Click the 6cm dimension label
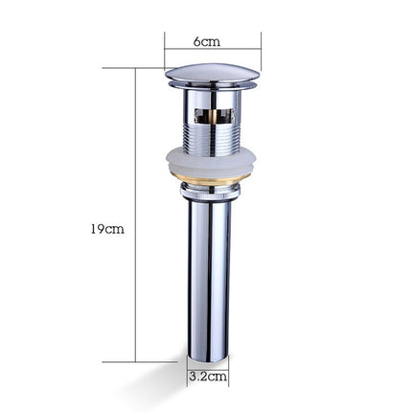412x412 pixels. [x=207, y=41]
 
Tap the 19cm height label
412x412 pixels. [x=107, y=229]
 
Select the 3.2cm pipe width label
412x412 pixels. [x=207, y=377]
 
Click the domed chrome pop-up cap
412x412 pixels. [x=211, y=73]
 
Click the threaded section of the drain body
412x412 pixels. [x=211, y=134]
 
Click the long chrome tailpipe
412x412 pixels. [x=209, y=278]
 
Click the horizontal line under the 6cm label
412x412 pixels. [x=212, y=50]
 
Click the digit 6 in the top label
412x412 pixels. [x=197, y=41]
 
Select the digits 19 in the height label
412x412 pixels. [x=97, y=229]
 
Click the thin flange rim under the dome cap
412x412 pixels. [x=211, y=86]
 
